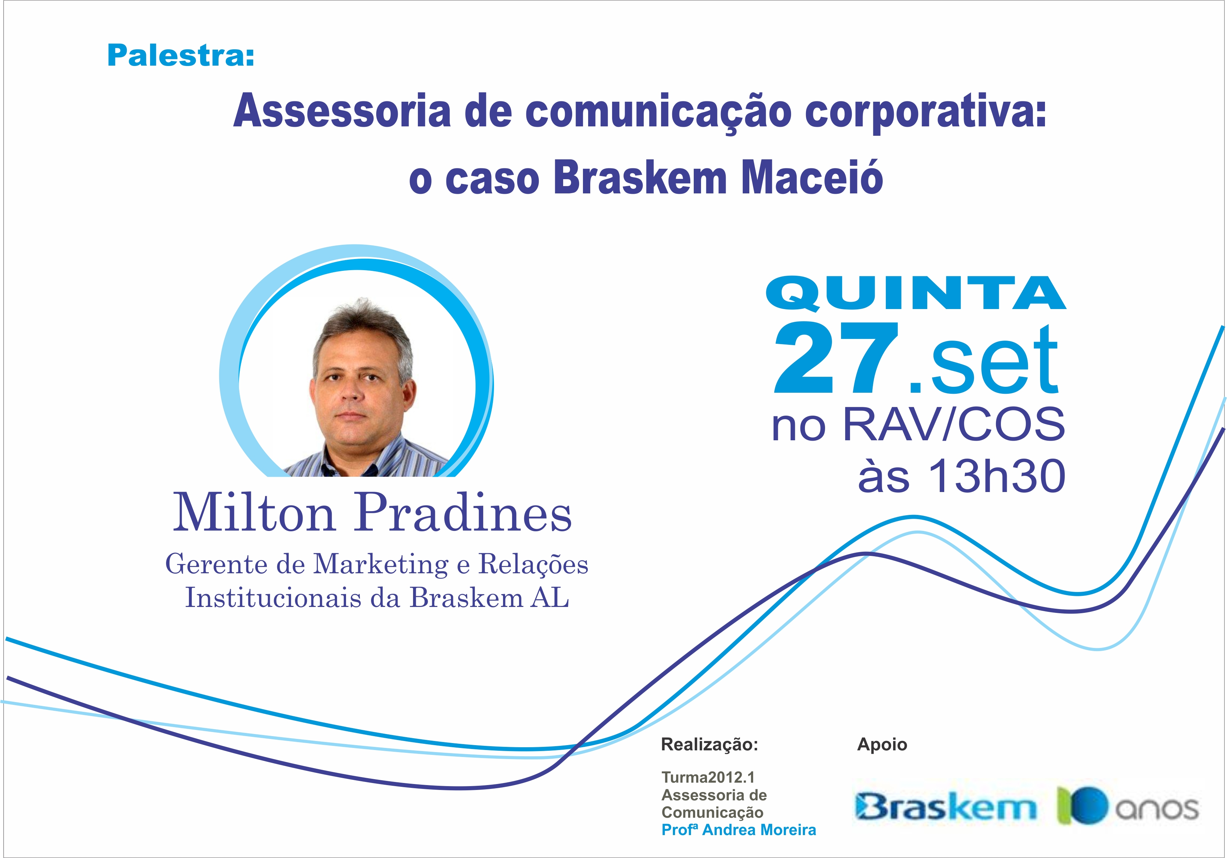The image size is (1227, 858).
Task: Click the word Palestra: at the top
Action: (x=181, y=56)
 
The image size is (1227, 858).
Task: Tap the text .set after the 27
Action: (x=983, y=359)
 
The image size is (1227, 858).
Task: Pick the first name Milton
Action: (x=254, y=513)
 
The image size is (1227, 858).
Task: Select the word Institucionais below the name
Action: (x=274, y=597)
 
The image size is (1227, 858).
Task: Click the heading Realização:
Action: (x=710, y=744)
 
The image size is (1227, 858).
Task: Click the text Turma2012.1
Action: (x=708, y=777)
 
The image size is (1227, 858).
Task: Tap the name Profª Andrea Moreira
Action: (x=739, y=830)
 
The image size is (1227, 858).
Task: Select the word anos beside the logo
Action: (x=1156, y=809)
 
